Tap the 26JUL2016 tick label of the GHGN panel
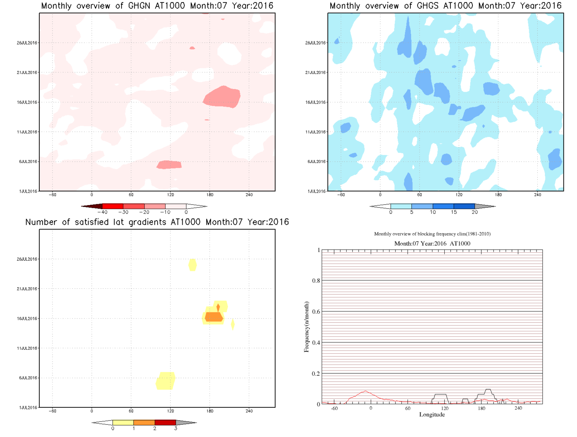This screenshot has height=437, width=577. point(27,43)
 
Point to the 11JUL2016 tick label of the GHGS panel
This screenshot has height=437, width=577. point(315,132)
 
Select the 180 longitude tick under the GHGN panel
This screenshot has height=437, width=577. point(210,195)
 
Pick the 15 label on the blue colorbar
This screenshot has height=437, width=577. point(454,212)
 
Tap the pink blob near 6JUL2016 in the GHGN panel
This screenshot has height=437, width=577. point(169,165)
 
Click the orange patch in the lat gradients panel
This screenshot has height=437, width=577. point(214,317)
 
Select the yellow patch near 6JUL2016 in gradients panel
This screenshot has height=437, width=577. point(165,381)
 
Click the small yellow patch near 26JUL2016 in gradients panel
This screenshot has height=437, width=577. point(192,265)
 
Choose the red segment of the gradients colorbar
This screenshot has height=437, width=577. point(165,423)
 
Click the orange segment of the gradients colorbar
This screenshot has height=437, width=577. point(144,423)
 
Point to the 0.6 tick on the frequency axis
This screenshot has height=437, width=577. point(316,312)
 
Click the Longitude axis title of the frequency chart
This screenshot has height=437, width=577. point(432,415)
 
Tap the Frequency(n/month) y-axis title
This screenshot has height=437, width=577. point(307,327)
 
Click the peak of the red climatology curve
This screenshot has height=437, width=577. point(365,391)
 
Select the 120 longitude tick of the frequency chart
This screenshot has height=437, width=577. point(445,408)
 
